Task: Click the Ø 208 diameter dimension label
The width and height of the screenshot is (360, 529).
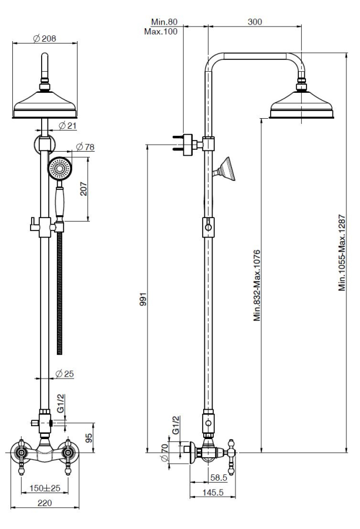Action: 45,38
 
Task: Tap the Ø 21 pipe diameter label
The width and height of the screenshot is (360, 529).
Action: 68,126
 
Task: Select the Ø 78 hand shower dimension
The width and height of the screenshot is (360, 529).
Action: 85,147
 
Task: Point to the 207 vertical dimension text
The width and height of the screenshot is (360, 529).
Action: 83,189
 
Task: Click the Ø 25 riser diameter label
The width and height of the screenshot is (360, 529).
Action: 65,374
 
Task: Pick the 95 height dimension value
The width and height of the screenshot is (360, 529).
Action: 89,438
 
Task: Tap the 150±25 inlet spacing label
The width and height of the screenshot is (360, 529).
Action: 45,488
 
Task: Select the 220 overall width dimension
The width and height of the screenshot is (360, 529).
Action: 45,503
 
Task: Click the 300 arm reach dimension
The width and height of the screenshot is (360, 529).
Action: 255,22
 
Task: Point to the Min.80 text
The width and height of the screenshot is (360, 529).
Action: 164,22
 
